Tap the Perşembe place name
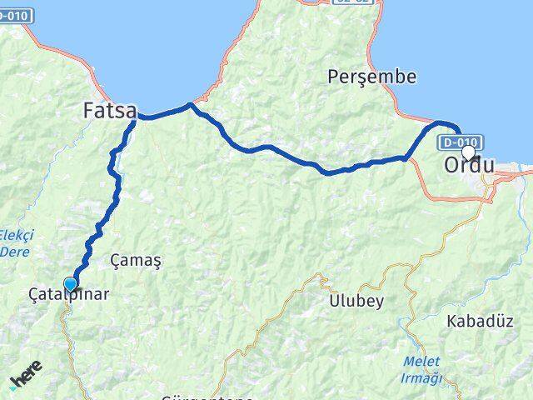[372, 77]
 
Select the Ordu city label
[469, 165]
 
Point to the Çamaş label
[136, 261]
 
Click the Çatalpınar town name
[68, 294]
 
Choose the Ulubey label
[355, 301]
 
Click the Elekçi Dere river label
[16, 242]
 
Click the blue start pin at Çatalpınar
[71, 284]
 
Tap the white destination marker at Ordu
[468, 152]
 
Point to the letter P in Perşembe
[334, 77]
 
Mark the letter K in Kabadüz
[452, 321]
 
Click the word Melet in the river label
[419, 360]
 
